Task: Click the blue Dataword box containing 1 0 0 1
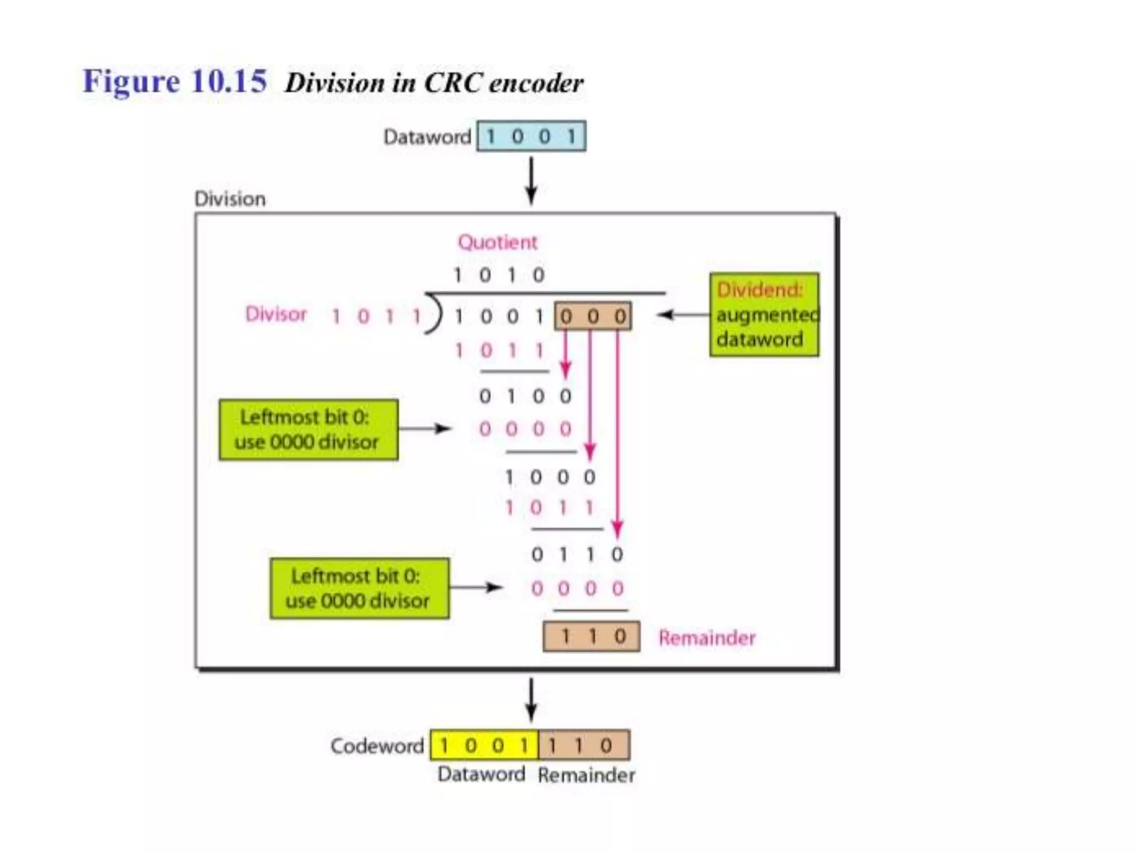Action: coord(531,136)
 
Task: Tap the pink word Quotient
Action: coord(497,242)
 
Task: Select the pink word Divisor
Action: coord(276,315)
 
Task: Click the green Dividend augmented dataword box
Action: coord(764,315)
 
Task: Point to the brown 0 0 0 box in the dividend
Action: coord(593,316)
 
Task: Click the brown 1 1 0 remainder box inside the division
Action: coord(591,636)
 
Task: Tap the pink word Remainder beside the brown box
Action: coord(707,638)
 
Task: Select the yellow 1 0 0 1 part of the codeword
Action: coord(484,745)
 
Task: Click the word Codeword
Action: coord(377,746)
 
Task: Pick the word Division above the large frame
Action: coord(230,199)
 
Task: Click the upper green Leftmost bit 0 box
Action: coord(309,430)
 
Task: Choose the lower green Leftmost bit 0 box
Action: coord(360,589)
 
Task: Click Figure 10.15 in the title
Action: coord(174,81)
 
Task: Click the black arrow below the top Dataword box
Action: coord(531,181)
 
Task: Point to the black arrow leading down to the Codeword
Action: coord(531,700)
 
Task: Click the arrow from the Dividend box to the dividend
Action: coord(683,315)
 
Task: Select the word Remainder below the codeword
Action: coord(586,775)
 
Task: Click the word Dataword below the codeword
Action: coord(481,774)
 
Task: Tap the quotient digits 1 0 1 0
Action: coord(499,275)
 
